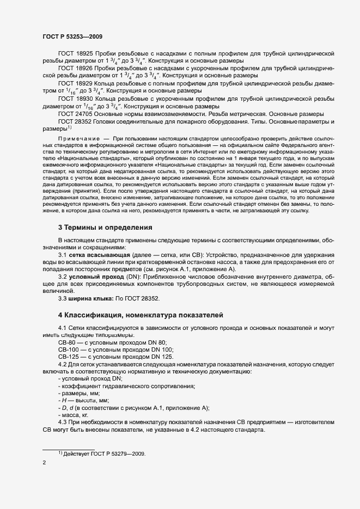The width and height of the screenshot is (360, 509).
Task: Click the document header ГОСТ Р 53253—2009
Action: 72,36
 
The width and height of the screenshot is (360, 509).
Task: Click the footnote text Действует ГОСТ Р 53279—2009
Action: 106,455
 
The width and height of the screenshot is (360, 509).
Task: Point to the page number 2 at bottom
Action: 44,463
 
